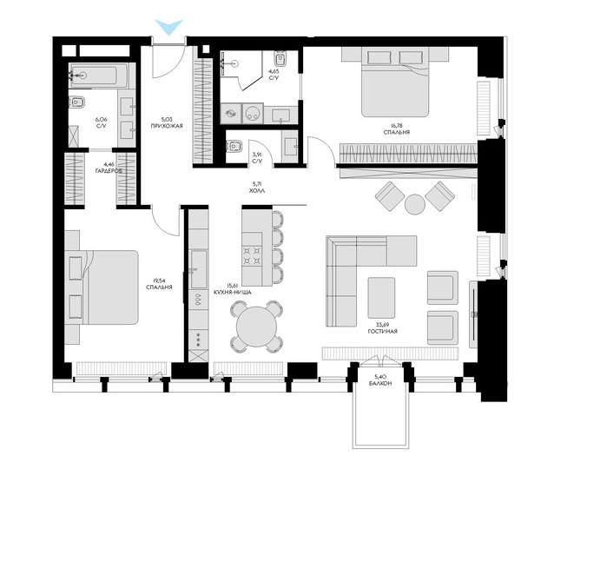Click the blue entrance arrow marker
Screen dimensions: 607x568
pos(169,26)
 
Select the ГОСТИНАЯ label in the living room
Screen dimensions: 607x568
pos(382,332)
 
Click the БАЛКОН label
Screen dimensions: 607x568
pos(380,383)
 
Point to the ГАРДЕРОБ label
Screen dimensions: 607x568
pos(109,171)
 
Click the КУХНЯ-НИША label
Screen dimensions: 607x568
pos(232,293)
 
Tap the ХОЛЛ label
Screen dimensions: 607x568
pos(257,191)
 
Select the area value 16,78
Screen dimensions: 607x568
pos(396,125)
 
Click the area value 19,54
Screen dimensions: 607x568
pos(159,281)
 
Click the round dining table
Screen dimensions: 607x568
pos(256,327)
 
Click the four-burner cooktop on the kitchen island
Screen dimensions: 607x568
pos(252,255)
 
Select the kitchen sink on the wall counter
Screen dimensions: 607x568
pos(199,268)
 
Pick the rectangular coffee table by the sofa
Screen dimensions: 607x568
pos(382,298)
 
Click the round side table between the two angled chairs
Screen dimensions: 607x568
pos(415,204)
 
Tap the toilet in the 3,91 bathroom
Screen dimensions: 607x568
pos(234,147)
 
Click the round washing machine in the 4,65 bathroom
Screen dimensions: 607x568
pos(253,113)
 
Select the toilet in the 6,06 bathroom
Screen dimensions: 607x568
pos(77,102)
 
